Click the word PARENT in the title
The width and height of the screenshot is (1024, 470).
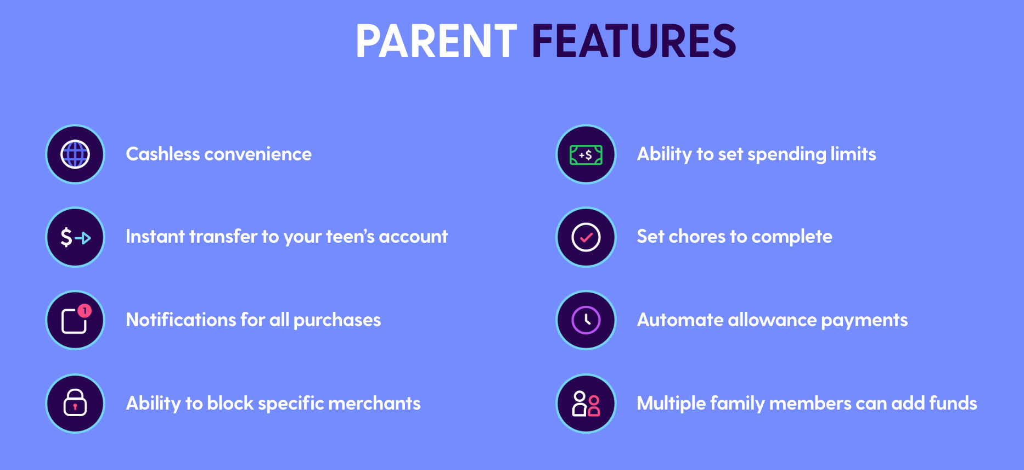tap(436, 41)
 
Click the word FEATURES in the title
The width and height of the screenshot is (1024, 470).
tap(634, 41)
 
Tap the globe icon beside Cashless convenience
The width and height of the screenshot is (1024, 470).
tap(75, 154)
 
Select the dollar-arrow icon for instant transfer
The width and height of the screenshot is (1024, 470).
tap(75, 237)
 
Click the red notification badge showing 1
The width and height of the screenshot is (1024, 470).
tap(85, 311)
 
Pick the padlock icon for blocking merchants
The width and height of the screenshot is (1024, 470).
tap(75, 403)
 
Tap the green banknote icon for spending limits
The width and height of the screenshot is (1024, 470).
tap(586, 155)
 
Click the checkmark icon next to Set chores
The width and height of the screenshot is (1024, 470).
tap(586, 237)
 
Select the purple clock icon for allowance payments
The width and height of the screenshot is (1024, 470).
tap(586, 320)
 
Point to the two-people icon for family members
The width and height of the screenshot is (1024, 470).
tap(586, 404)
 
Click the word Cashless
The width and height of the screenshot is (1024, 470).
tap(162, 154)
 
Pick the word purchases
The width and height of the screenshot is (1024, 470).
tap(337, 321)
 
